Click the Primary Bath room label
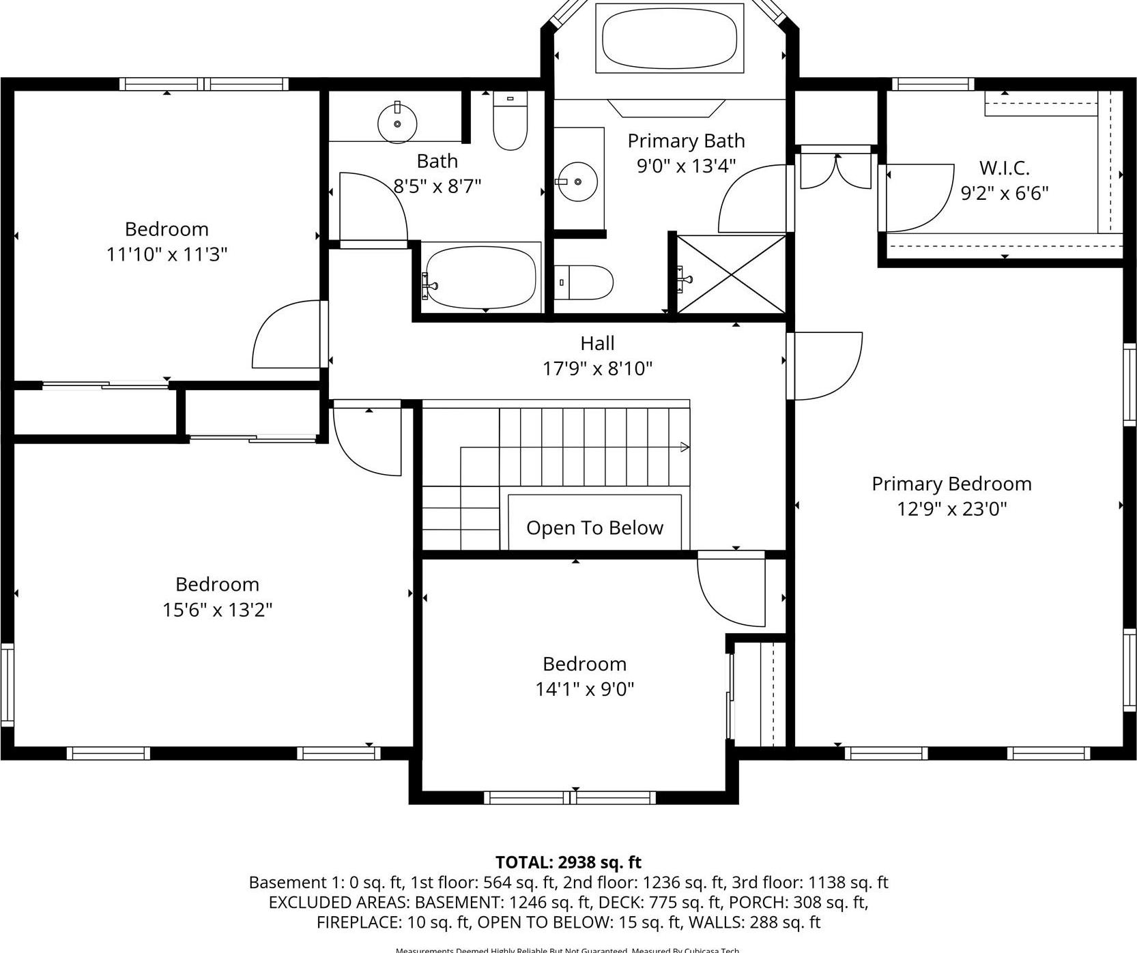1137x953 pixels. pyautogui.click(x=686, y=141)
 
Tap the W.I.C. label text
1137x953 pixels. pyautogui.click(x=1004, y=168)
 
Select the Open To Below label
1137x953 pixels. pyautogui.click(x=594, y=528)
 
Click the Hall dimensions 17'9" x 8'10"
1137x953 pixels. pyautogui.click(x=597, y=369)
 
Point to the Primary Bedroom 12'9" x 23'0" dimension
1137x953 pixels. pyautogui.click(x=951, y=509)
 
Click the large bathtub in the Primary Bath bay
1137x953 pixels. pyautogui.click(x=669, y=38)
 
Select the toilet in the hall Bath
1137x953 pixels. pyautogui.click(x=510, y=121)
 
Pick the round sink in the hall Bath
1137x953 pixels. pyautogui.click(x=397, y=124)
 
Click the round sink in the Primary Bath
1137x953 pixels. pyautogui.click(x=577, y=182)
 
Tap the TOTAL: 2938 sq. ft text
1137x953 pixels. pyautogui.click(x=568, y=862)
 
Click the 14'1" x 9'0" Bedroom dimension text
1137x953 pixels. pyautogui.click(x=584, y=689)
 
